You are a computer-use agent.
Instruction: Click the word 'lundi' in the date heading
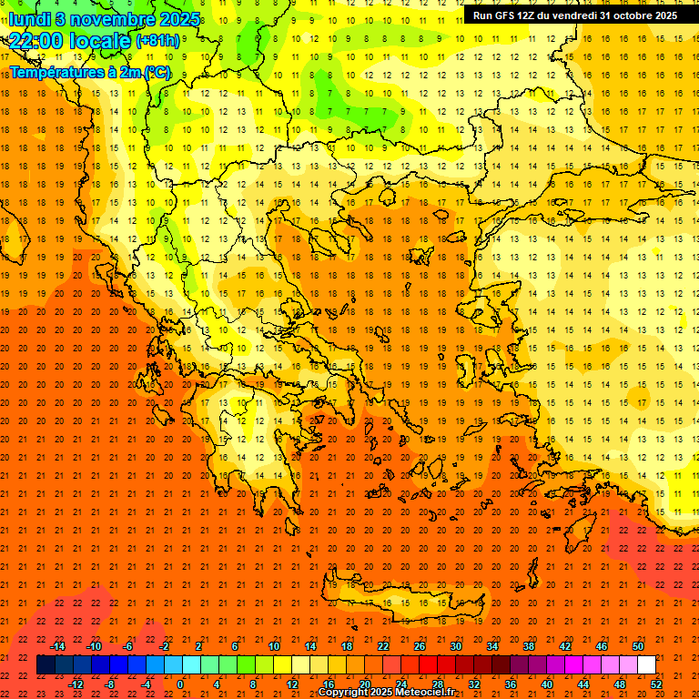click(30, 19)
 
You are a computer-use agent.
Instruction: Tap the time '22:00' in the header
click(35, 41)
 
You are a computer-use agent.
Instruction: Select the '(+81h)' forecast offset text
click(157, 42)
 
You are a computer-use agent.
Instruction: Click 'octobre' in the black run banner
click(622, 15)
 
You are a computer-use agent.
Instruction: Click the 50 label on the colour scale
click(638, 646)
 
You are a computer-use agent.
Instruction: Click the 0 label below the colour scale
click(180, 684)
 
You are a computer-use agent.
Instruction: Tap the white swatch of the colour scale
click(646, 665)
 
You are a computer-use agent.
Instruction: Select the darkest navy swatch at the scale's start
click(46, 665)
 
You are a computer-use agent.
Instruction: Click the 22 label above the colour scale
click(383, 646)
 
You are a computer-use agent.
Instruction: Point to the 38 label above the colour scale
click(529, 646)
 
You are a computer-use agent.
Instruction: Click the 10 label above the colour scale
click(274, 646)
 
